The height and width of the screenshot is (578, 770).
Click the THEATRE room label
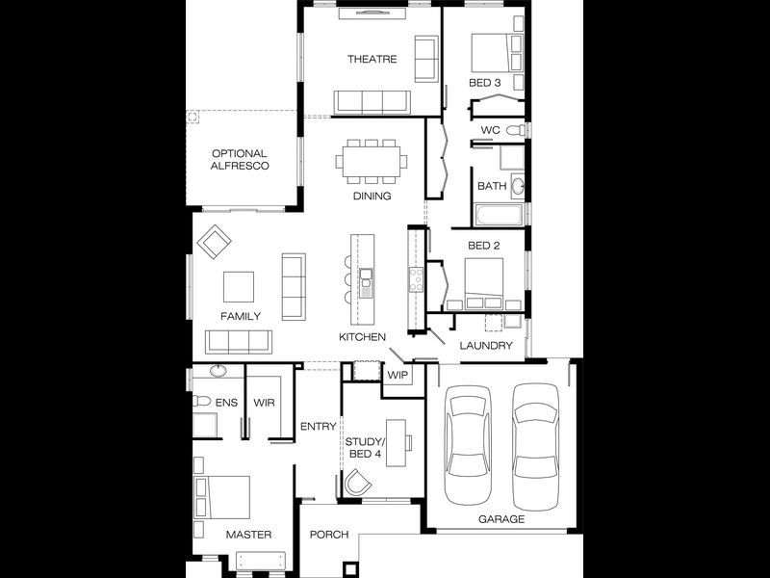coord(372,59)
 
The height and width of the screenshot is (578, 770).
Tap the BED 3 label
coord(485,83)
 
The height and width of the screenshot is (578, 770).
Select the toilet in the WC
coord(516,130)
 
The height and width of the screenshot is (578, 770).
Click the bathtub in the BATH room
coord(499,215)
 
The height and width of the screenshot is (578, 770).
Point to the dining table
coord(372,161)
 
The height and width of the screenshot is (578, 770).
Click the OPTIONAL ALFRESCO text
coord(240,160)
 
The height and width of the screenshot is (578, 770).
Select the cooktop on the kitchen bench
coord(416,279)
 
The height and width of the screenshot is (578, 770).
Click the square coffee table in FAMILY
coord(239,287)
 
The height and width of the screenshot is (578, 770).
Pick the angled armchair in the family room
coord(214,242)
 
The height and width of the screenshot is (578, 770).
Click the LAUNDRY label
coord(486,346)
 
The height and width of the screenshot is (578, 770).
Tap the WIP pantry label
coord(398,375)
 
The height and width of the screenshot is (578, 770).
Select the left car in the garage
coord(468,445)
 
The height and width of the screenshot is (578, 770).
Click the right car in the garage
coord(536,447)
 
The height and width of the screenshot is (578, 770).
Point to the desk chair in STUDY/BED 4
coord(357,483)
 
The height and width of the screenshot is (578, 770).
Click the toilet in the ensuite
coord(202,401)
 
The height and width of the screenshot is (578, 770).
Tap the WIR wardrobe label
coord(264,403)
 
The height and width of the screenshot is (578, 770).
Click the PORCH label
coord(329,535)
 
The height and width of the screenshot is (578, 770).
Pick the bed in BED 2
coord(484,284)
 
